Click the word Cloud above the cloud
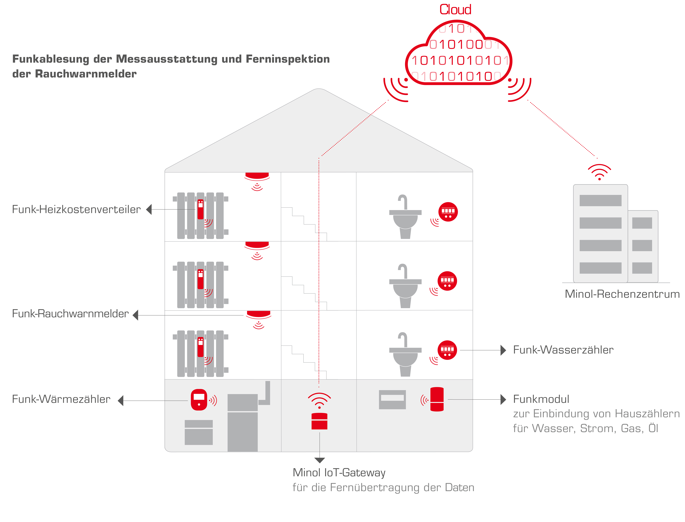[x=455, y=10]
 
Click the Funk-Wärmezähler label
[x=61, y=399]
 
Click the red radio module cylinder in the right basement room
[x=437, y=399]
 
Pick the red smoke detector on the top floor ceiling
[x=257, y=176]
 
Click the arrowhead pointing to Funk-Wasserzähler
[x=503, y=350]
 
